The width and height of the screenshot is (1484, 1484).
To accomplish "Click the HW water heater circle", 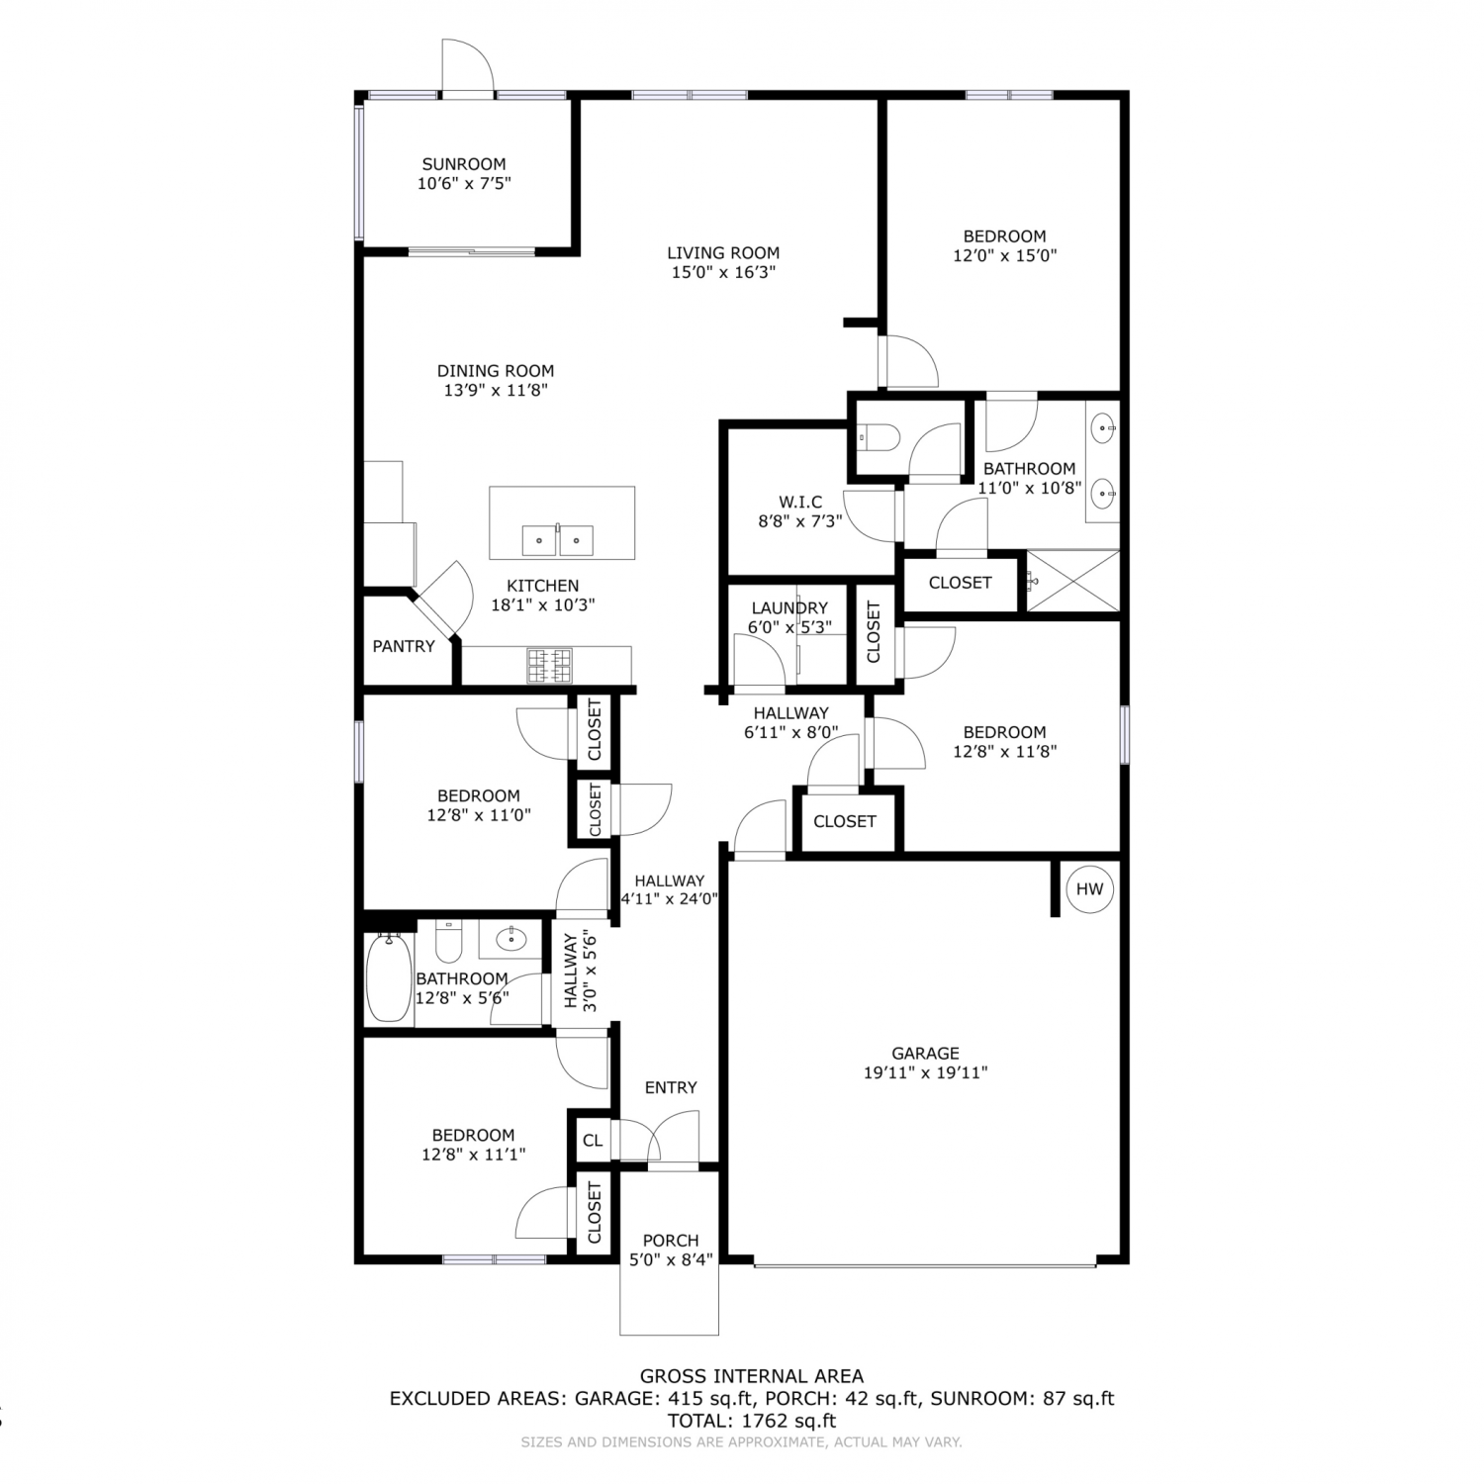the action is coord(1089,888).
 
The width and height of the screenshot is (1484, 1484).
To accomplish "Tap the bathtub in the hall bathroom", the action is coord(388,978).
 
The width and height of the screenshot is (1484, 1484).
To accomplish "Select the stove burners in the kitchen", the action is coord(549,665).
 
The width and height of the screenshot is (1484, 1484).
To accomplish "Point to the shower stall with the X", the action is coord(1073,581).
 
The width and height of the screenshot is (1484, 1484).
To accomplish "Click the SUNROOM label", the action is coord(464,164).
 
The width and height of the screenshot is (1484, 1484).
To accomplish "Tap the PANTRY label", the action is coord(404,646).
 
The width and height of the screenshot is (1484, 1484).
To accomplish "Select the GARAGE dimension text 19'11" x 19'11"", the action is coord(926,1072).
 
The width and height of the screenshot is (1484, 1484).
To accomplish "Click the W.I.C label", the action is coord(800,503).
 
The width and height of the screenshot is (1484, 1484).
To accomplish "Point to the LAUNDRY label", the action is coord(789,607).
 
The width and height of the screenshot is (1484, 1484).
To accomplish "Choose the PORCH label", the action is coord(671,1241).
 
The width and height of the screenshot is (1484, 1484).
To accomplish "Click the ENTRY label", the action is coord(671,1087).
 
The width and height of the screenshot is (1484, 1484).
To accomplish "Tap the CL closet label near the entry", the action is coord(593,1141).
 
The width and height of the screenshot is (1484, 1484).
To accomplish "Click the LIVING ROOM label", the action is coord(723,253).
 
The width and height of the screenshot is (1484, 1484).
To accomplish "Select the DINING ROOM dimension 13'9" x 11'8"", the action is coord(496,390).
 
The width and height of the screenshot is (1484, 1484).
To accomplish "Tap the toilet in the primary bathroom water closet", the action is coord(877,434).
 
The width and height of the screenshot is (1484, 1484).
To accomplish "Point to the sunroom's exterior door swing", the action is coord(467,65).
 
